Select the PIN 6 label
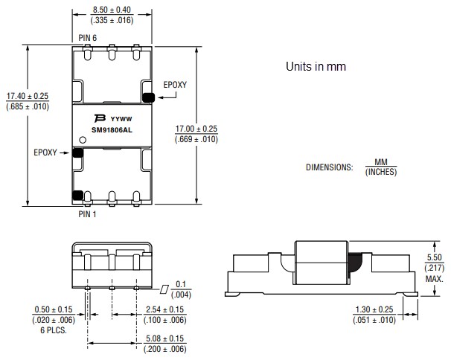89,37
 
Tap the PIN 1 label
89,213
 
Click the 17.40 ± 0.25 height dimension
28,97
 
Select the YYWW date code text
121,118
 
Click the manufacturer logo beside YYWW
99,118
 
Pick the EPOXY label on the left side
46,152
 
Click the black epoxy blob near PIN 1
77,196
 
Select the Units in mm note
316,66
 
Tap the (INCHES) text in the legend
381,172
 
